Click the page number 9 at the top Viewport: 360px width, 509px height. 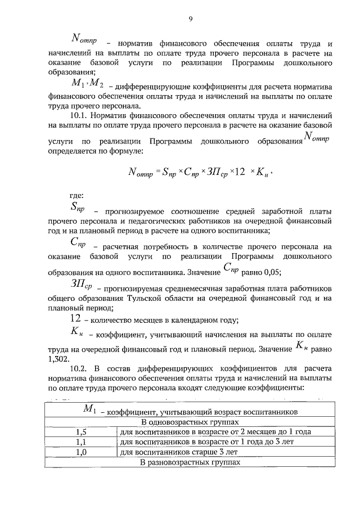(x=191, y=19)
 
